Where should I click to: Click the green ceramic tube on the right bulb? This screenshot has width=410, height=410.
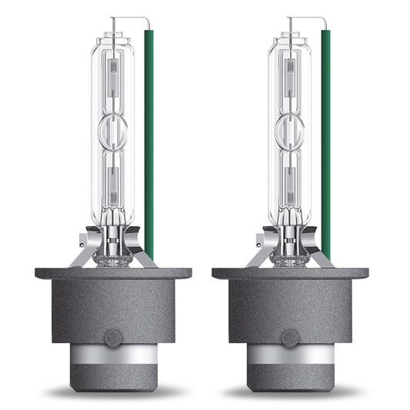pos(326,138)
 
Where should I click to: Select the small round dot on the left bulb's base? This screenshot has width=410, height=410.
pos(112,338)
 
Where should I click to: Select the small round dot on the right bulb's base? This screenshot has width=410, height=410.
pos(290,338)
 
